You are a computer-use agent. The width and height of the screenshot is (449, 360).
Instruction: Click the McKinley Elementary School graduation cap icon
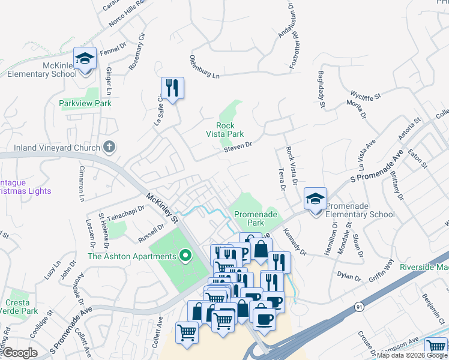[x=85, y=59]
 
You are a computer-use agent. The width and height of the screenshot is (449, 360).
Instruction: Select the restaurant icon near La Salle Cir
[x=173, y=88]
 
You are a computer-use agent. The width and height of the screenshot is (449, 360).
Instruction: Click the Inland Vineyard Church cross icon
[x=109, y=146]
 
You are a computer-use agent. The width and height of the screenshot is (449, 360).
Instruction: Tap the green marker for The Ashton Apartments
[x=185, y=257]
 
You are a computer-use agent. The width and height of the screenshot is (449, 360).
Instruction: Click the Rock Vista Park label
[x=225, y=130]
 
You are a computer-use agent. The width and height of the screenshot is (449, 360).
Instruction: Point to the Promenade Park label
[x=249, y=218]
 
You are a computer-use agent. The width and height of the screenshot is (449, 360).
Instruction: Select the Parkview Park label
[x=85, y=103]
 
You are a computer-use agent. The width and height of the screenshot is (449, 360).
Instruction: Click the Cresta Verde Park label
[x=20, y=307]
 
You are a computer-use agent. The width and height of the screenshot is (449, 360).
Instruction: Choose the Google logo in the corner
[x=20, y=353]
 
